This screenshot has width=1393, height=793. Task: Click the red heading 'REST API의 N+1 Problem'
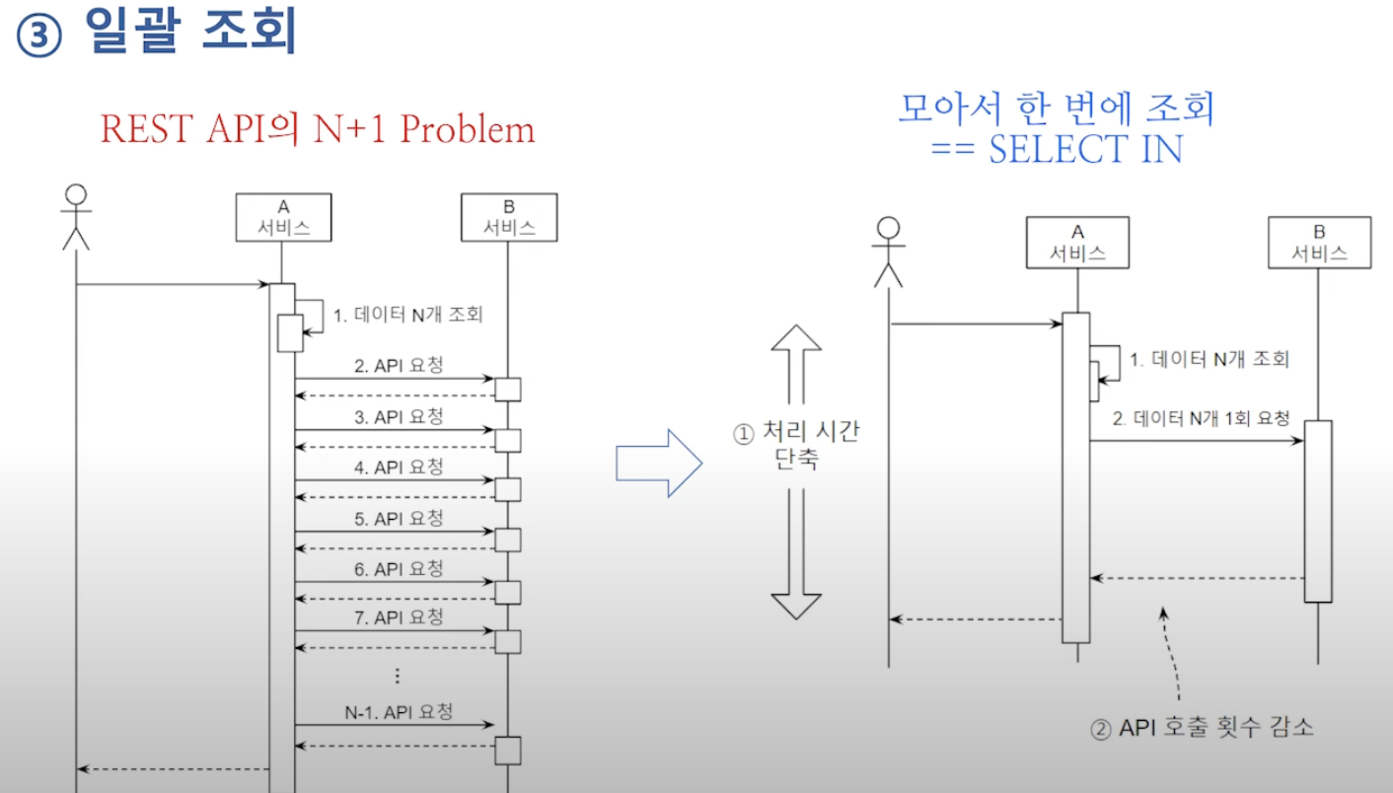318,130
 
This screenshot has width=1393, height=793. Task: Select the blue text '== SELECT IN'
1057,149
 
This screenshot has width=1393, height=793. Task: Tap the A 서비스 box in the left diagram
282,217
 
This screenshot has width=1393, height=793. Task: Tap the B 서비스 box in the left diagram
508,217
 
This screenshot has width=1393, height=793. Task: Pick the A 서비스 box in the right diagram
1076,242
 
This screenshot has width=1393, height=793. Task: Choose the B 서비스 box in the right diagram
1319,242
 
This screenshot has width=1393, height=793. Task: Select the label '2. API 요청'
399,365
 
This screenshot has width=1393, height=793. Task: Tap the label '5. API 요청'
399,519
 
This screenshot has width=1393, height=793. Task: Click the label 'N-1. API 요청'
399,711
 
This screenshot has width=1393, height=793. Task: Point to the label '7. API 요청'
399,618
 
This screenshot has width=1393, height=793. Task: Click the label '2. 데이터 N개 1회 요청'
1201,418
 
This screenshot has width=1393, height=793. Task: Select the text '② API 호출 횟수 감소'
1202,729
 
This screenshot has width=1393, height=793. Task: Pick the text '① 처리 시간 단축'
796,445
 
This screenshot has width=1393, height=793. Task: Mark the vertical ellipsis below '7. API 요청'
398,676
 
